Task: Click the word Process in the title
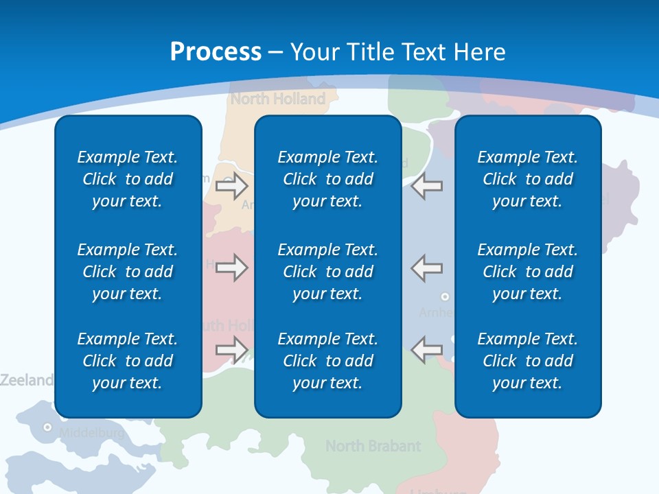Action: click(x=216, y=52)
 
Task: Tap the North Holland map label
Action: click(x=278, y=99)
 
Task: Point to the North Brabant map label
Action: click(x=373, y=446)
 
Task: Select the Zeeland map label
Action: click(x=26, y=379)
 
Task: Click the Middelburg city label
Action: click(x=92, y=433)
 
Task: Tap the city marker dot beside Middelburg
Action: click(x=47, y=427)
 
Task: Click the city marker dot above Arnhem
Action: click(x=445, y=296)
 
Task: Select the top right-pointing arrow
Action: click(x=231, y=185)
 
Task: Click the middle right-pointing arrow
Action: click(x=231, y=268)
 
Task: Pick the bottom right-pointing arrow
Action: click(x=231, y=350)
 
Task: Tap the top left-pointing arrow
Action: click(x=427, y=185)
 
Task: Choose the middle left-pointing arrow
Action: click(x=427, y=268)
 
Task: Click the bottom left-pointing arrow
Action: click(x=427, y=350)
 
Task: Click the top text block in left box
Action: click(x=128, y=179)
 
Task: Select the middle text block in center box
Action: click(x=327, y=272)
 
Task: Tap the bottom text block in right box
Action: click(x=527, y=361)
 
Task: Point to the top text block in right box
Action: click(x=527, y=179)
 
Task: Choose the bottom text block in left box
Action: click(x=128, y=361)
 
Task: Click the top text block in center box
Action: click(x=327, y=179)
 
